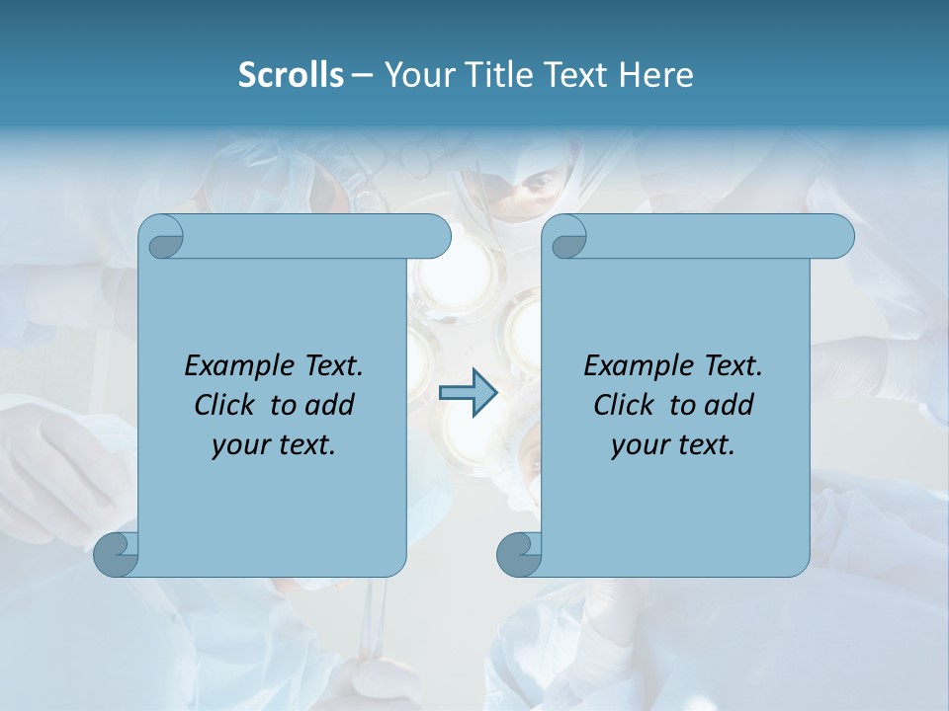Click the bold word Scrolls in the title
pos(291,75)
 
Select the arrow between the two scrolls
pos(468,393)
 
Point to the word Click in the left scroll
pos(226,405)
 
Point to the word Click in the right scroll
pos(625,405)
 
